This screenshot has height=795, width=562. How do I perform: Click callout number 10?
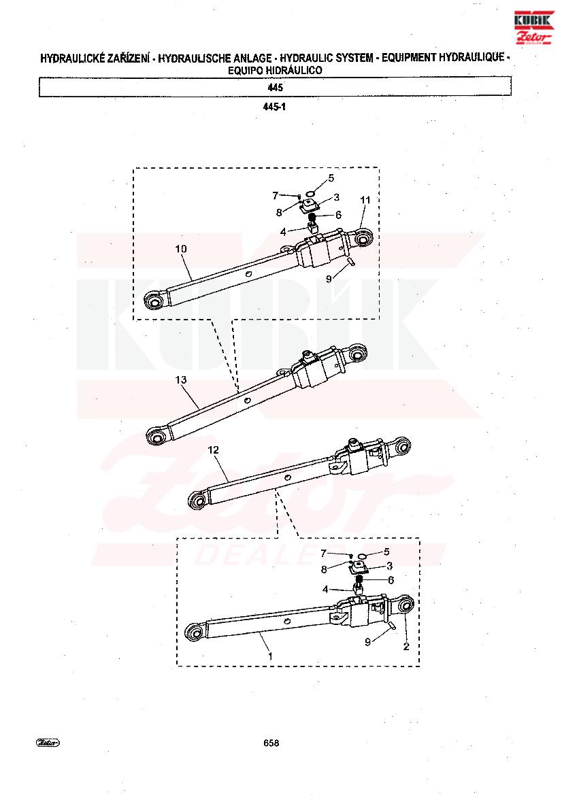(x=180, y=249)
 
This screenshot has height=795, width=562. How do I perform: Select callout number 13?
(x=180, y=379)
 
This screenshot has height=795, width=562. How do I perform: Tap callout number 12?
(x=213, y=450)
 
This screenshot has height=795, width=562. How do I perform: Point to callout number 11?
(x=365, y=200)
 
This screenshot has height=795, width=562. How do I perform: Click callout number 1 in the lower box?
(x=270, y=656)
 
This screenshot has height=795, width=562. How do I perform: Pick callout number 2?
(x=406, y=647)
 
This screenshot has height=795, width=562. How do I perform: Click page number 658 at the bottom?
(x=271, y=743)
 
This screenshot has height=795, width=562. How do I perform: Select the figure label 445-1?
(x=274, y=107)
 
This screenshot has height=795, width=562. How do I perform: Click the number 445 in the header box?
(x=275, y=87)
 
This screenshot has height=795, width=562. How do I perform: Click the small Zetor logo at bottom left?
(x=48, y=743)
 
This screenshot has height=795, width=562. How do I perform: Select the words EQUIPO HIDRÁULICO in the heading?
(x=275, y=71)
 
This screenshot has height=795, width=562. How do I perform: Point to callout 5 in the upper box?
(x=331, y=178)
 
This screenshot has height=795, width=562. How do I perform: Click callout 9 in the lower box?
(x=367, y=642)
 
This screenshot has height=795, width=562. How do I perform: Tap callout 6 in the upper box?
(x=338, y=215)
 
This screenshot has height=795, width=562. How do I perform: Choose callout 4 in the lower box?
(x=326, y=590)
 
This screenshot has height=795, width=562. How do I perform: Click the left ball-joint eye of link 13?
(x=156, y=435)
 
